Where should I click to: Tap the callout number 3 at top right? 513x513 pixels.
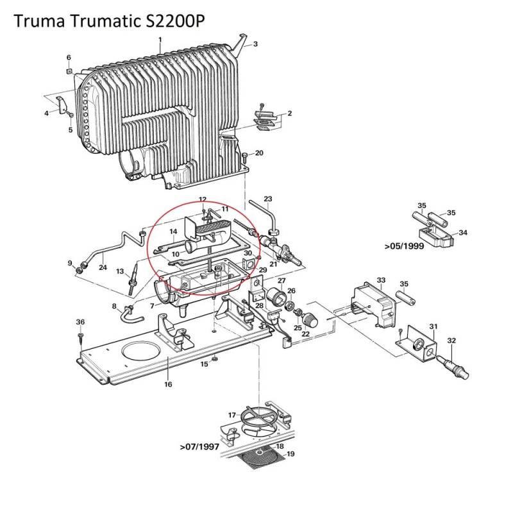(x=255, y=44)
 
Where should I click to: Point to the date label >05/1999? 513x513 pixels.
(x=405, y=246)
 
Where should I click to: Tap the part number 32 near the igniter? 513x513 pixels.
(x=451, y=341)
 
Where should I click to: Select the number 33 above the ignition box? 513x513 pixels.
(x=381, y=280)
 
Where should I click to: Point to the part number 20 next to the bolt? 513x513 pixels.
(x=259, y=153)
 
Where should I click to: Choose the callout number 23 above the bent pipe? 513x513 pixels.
(x=268, y=199)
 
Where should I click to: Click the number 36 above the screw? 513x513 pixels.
(x=80, y=321)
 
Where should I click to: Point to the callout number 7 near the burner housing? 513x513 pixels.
(x=151, y=306)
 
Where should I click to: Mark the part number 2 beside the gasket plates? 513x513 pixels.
(x=290, y=114)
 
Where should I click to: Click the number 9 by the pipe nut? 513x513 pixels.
(x=70, y=264)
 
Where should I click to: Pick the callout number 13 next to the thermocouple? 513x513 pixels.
(x=119, y=272)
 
